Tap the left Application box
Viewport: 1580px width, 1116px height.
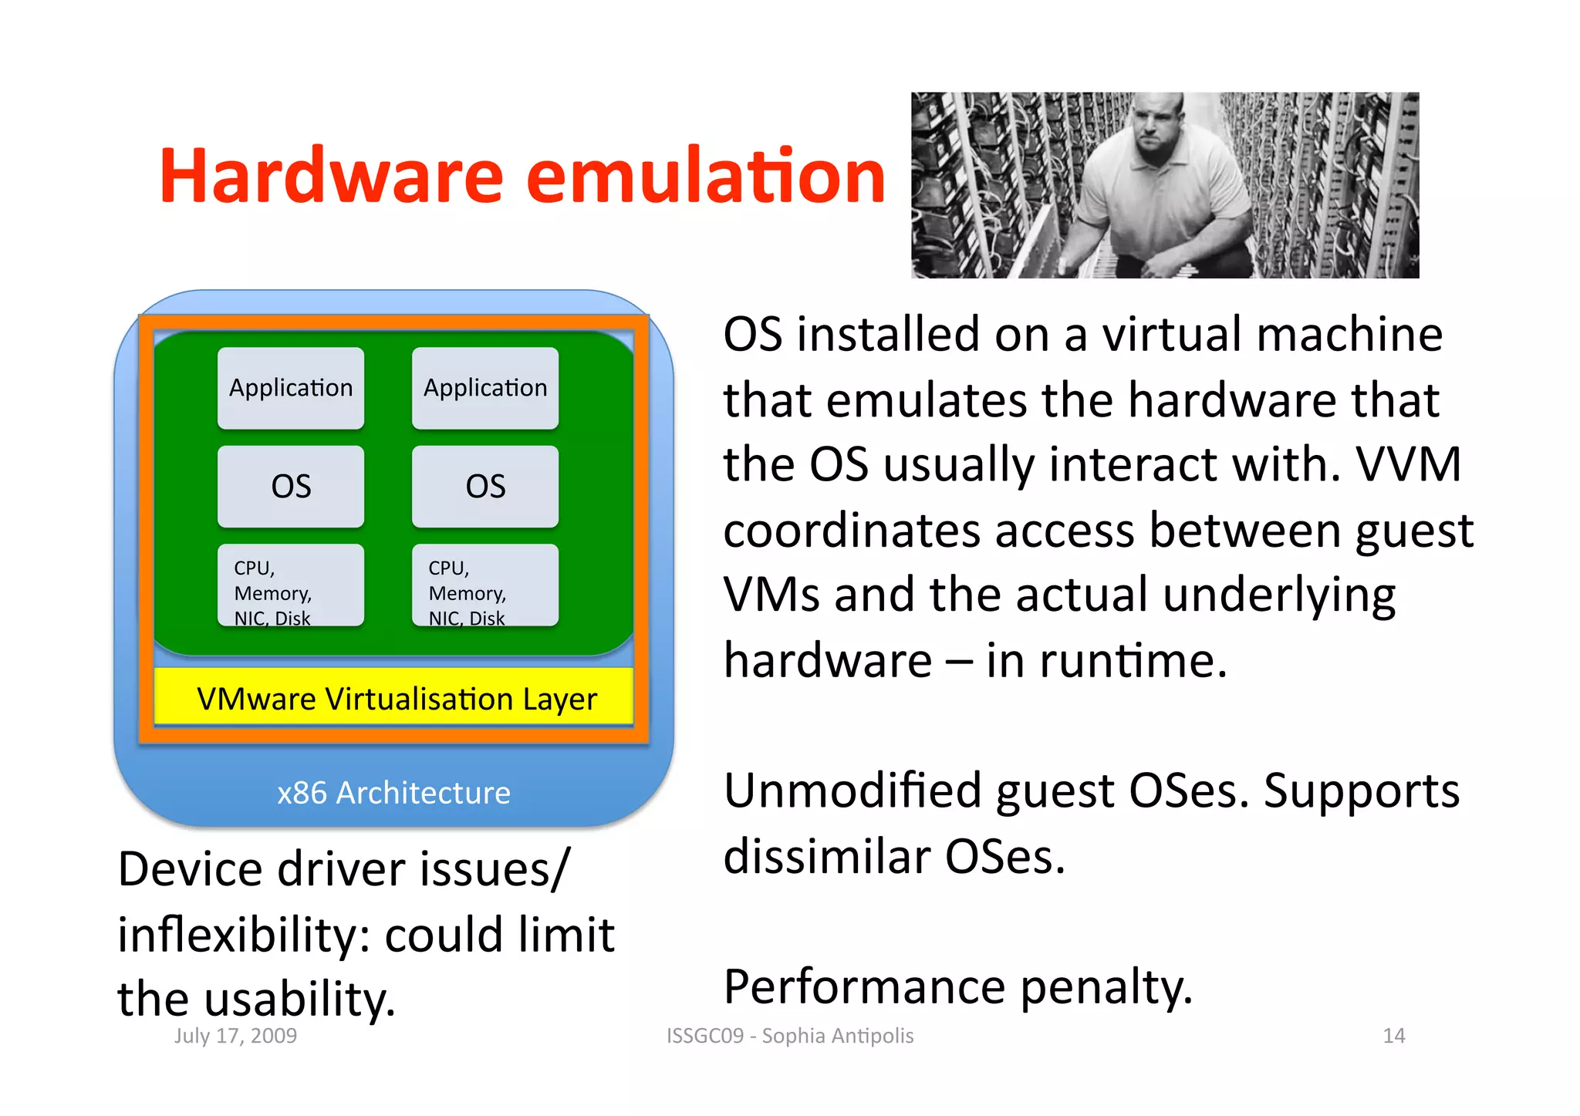click(291, 387)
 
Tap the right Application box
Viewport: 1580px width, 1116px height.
click(485, 387)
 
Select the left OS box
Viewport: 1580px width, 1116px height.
click(291, 486)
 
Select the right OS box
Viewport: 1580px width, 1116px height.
click(485, 486)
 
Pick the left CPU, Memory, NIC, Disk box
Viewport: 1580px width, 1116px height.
click(291, 585)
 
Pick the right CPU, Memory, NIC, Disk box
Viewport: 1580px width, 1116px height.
click(485, 585)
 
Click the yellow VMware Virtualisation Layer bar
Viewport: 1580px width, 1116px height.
click(395, 698)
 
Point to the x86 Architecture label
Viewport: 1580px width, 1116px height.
click(393, 793)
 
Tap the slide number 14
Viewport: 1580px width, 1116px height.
click(1393, 1036)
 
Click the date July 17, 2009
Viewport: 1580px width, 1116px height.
click(235, 1036)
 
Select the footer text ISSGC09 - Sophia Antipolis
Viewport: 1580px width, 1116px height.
click(790, 1036)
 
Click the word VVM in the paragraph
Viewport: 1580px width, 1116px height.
click(1409, 464)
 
